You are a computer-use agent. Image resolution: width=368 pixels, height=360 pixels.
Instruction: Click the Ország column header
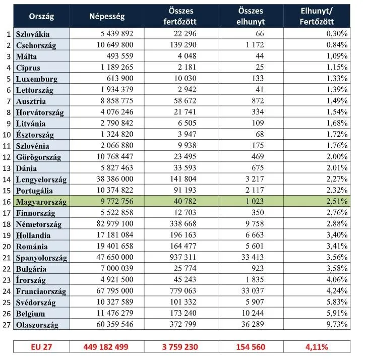[x=41, y=17]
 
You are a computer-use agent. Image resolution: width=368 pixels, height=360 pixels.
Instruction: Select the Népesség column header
[x=107, y=17]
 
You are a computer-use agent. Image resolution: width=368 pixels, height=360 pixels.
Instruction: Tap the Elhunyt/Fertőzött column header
[x=317, y=16]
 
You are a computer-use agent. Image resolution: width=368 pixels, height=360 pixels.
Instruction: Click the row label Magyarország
[x=41, y=202]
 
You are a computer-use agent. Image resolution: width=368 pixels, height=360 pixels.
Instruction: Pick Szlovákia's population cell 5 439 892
[x=117, y=34]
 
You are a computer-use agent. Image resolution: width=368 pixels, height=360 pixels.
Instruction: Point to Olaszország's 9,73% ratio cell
[x=337, y=324]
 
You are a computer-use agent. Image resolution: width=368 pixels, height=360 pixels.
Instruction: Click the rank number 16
[x=7, y=202]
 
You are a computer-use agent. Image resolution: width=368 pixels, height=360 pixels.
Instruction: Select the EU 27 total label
[x=41, y=347]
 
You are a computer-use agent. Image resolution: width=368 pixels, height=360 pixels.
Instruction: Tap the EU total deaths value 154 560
[x=251, y=347]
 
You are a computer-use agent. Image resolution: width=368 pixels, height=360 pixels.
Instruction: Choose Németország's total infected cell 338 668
[x=183, y=224]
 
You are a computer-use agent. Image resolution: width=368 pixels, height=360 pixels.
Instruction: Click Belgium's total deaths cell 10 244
[x=253, y=313]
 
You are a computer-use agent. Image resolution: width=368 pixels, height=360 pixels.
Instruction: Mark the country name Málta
[x=27, y=56]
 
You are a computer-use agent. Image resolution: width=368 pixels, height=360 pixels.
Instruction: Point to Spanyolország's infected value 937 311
[x=183, y=257]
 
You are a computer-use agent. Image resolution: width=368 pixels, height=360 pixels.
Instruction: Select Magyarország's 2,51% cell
[x=337, y=201]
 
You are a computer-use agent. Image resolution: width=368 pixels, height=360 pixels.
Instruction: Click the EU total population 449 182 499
[x=106, y=347]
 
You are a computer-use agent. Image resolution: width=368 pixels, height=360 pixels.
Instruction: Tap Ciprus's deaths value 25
[x=260, y=67]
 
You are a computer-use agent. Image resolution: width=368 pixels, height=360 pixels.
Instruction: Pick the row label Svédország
[x=36, y=303]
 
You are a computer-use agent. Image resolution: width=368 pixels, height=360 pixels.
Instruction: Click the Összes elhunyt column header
[x=251, y=16]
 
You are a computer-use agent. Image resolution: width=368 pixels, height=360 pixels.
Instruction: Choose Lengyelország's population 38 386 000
[x=115, y=179]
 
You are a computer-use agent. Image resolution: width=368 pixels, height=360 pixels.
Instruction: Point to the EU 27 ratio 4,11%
[x=317, y=347]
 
